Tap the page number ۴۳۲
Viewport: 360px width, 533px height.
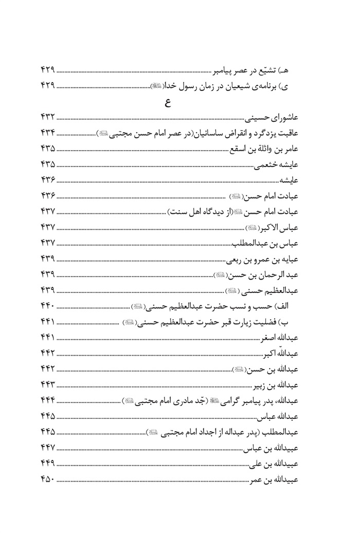coord(47,119)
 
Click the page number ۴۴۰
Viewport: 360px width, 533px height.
coord(47,306)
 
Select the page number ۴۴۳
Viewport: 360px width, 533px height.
coord(47,384)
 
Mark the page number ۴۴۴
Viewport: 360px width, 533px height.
coord(47,399)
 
